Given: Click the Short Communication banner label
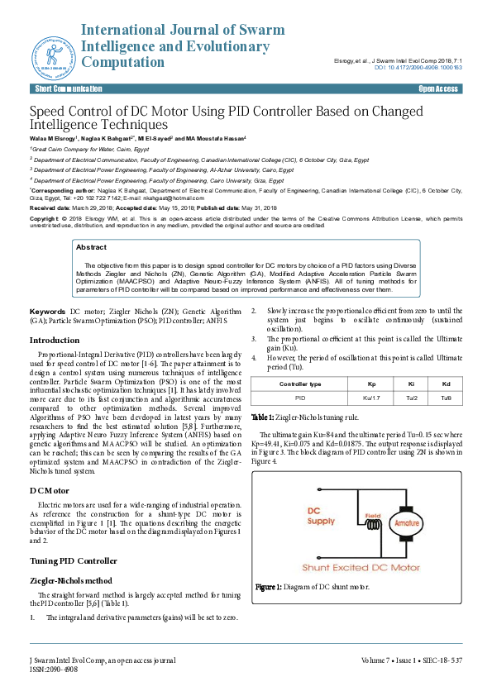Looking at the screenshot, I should tap(69, 88).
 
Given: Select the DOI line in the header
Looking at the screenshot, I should tap(418, 67).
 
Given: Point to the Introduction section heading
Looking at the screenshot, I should tap(55, 340).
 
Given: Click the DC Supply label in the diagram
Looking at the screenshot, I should tap(321, 516).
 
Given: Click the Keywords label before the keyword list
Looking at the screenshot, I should tap(48, 311).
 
